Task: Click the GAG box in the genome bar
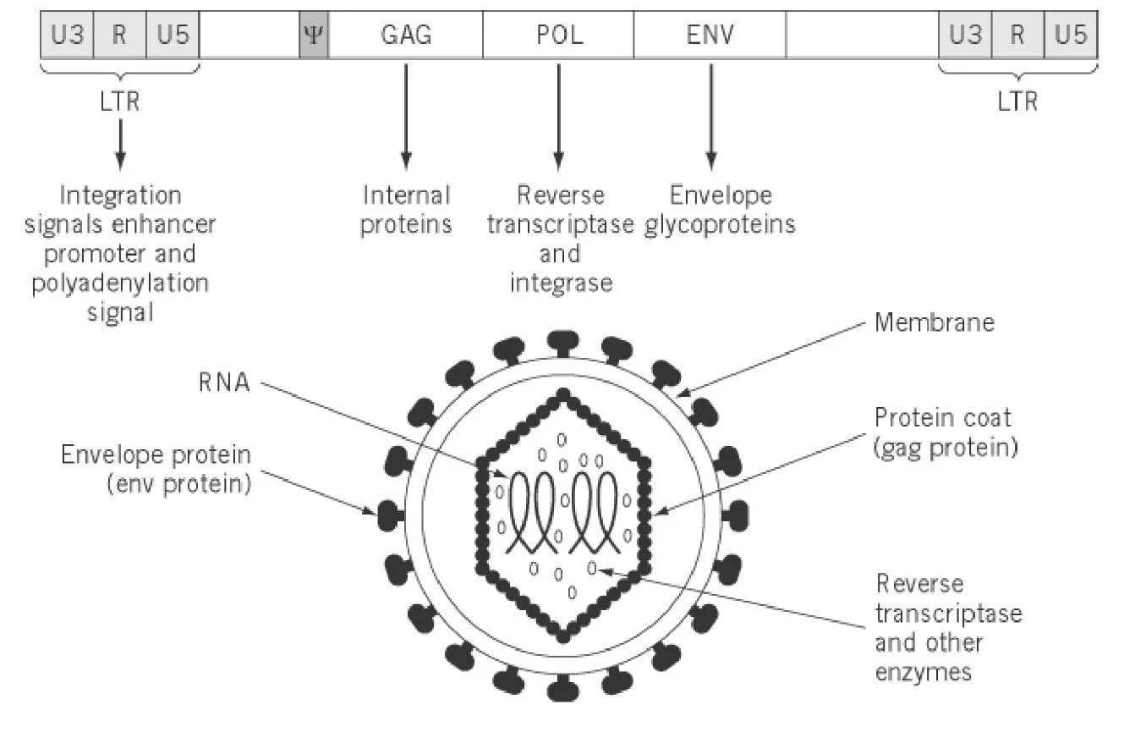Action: (405, 36)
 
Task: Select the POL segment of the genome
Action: (558, 36)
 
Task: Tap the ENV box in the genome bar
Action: (710, 36)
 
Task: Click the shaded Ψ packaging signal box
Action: (314, 36)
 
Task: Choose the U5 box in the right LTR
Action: (1071, 36)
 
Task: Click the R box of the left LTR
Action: (120, 36)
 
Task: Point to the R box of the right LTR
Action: (1018, 36)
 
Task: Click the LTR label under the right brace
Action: (1017, 102)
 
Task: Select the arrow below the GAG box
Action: (406, 114)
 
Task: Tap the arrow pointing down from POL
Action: (558, 114)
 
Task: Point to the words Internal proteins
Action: (406, 211)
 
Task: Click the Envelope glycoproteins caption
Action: (720, 211)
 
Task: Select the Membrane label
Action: (935, 322)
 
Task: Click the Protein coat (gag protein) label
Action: (944, 432)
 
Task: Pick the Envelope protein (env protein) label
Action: (156, 470)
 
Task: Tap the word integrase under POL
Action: (560, 282)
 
